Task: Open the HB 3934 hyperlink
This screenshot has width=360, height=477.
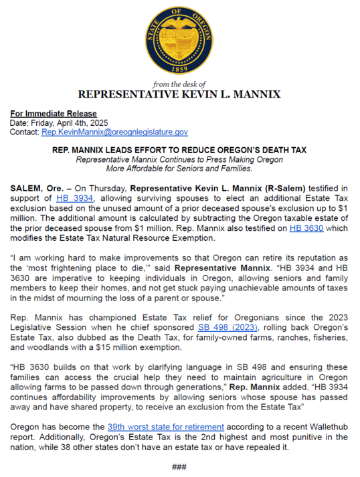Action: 74,198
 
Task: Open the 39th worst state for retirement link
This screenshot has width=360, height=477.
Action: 166,425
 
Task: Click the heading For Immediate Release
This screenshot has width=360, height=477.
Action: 54,114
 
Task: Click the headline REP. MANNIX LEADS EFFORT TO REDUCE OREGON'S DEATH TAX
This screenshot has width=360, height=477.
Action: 179,151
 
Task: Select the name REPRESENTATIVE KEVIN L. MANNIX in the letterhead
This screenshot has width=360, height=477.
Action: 179,94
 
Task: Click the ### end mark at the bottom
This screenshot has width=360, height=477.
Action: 179,466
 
